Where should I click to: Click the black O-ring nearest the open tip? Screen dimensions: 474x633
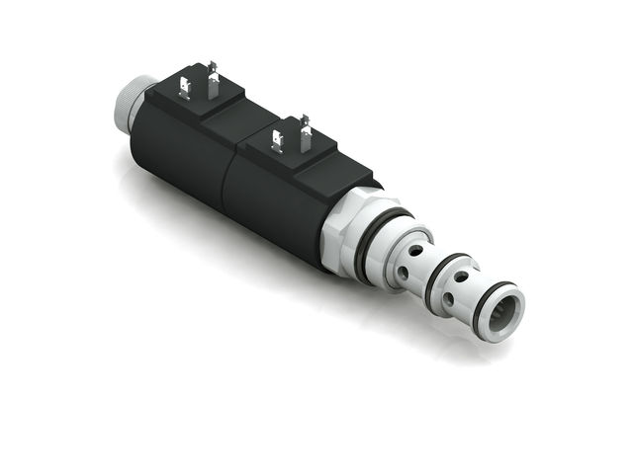[493, 308]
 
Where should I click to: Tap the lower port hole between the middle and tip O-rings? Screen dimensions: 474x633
[452, 299]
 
